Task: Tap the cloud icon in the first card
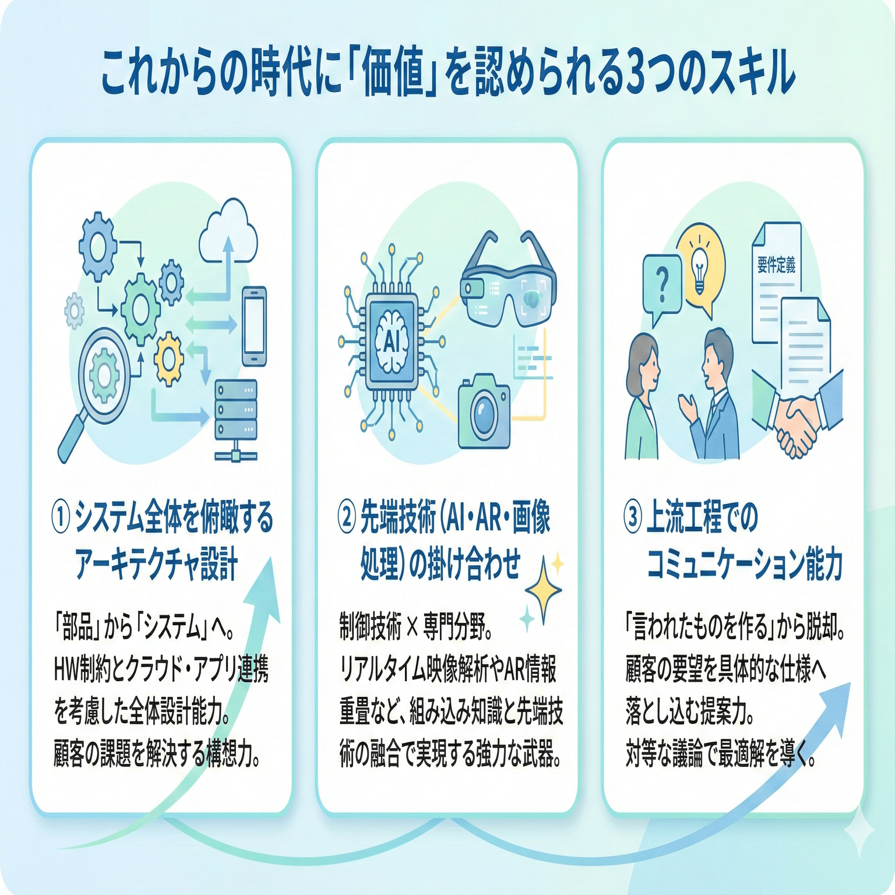[x=228, y=233]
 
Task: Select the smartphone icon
[x=254, y=326]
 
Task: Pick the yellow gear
[x=170, y=358]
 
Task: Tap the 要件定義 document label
[x=776, y=266]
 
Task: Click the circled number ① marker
[x=61, y=517]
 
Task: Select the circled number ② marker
[x=346, y=517]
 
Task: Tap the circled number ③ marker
[x=633, y=517]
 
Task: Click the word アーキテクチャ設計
[x=156, y=565]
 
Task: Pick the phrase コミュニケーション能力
[x=745, y=565]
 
